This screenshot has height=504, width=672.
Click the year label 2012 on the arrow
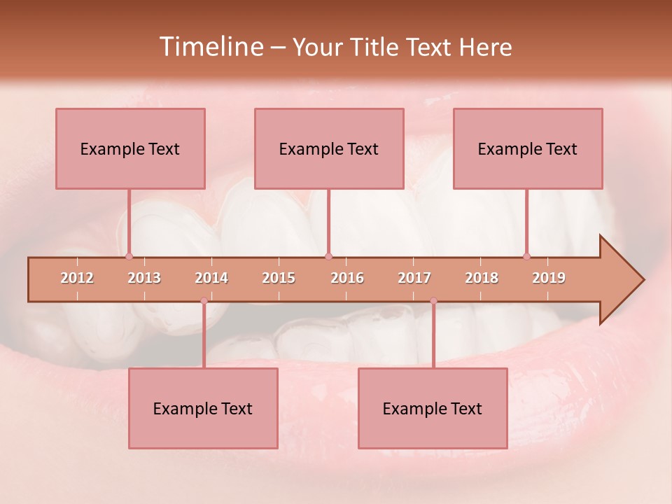click(77, 278)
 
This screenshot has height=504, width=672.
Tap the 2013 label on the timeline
click(144, 278)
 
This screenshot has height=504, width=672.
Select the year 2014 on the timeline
click(211, 278)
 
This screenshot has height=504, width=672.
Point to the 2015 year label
click(279, 278)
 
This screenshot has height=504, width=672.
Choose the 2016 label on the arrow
click(347, 278)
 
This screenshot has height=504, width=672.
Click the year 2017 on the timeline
click(414, 278)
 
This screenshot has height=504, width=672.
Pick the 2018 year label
click(482, 278)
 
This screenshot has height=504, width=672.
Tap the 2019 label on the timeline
click(549, 278)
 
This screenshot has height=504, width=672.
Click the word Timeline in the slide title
click(211, 47)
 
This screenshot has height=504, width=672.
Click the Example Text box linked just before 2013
click(130, 148)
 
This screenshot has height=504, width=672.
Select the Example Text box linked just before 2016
click(329, 148)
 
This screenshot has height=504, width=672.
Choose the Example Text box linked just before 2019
click(528, 148)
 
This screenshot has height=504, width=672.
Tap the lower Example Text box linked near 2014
click(203, 408)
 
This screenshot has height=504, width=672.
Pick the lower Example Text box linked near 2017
click(433, 408)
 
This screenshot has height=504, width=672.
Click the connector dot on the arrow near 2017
click(433, 301)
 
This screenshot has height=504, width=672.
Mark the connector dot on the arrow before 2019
click(527, 256)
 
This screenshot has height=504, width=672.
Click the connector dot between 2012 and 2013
click(129, 256)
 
